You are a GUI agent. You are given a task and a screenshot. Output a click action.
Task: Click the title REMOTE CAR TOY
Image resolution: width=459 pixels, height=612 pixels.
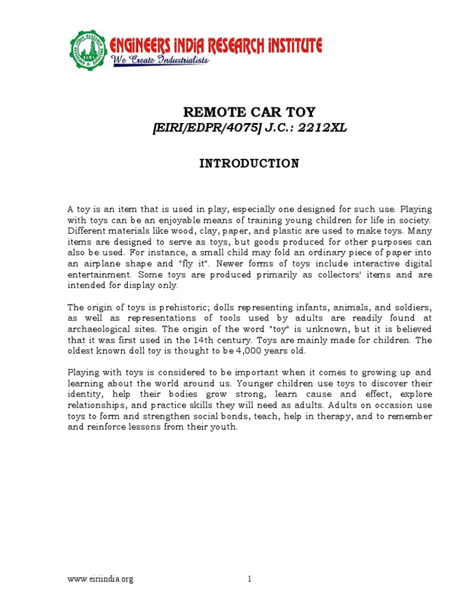pos(249,112)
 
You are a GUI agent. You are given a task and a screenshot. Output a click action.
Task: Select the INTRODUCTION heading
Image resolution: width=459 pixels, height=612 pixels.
pos(249,163)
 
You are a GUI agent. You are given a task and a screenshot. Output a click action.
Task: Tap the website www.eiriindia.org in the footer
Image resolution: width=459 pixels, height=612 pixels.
pos(100,579)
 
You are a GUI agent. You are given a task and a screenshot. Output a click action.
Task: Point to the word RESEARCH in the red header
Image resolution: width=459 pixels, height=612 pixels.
pos(232,45)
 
